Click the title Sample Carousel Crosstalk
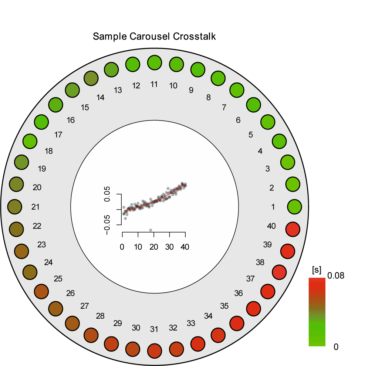tap(154, 36)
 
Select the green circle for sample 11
tap(155, 62)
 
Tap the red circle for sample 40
tap(293, 229)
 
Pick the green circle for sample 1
tap(294, 207)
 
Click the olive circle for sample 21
tap(15, 207)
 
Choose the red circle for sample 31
tap(155, 351)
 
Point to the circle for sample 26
tap(55, 309)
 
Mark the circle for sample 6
tap(254, 105)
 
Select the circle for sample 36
tap(254, 309)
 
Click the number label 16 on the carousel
tap(71, 120)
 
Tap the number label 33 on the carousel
tap(191, 323)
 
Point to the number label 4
tap(260, 151)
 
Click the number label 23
tap(41, 245)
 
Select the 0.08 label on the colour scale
tap(335, 276)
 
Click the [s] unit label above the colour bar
tap(317, 270)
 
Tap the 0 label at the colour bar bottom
tap(336, 347)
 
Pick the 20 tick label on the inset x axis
tap(154, 247)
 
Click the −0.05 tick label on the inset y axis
tap(107, 225)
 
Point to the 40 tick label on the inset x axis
tap(185, 247)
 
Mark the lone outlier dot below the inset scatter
tap(151, 230)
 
